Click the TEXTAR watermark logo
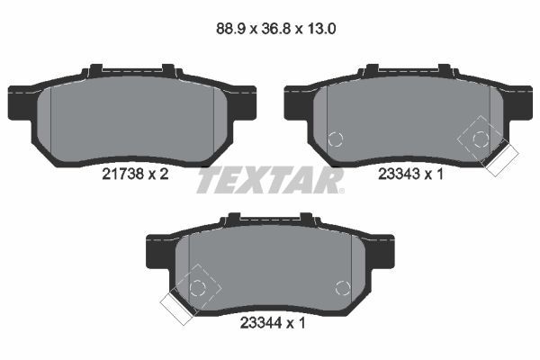pos(270,180)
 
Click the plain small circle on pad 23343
pos(336,139)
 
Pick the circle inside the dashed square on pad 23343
pos(481,138)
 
